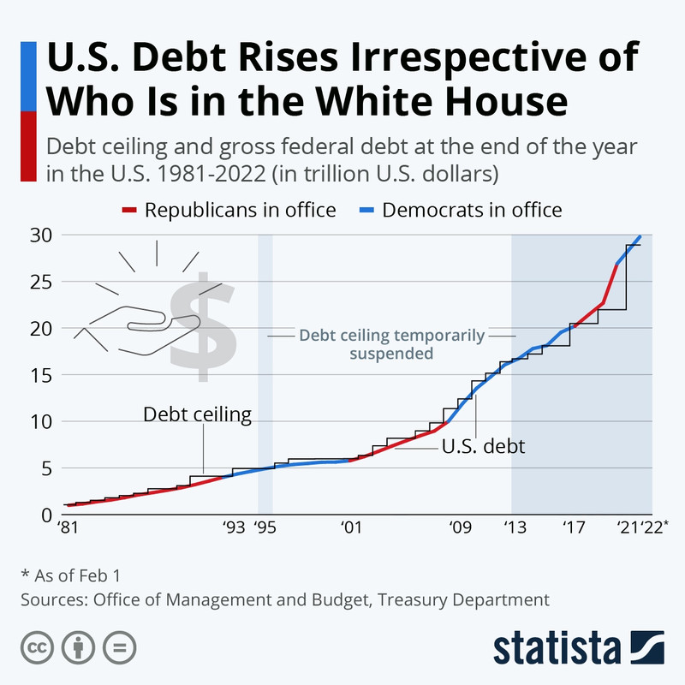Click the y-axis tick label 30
pyautogui.click(x=41, y=235)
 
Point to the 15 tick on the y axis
pyautogui.click(x=41, y=375)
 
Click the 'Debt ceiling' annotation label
pyautogui.click(x=197, y=415)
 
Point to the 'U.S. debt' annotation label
pyautogui.click(x=483, y=445)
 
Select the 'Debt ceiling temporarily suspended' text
pyautogui.click(x=391, y=343)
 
